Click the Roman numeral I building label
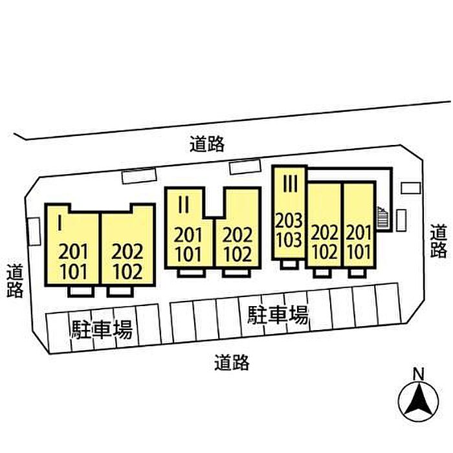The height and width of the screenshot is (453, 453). point(59,223)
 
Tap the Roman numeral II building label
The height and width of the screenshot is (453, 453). point(183,205)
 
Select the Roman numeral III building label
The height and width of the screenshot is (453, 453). point(289,184)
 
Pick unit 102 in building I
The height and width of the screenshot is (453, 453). point(127,271)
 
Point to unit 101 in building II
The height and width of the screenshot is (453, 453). point(188,254)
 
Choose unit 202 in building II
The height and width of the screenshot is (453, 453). point(237,235)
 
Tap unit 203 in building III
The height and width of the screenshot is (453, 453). point(289,221)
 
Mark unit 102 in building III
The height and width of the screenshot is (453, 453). point(324,250)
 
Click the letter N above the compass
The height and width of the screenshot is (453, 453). point(418,373)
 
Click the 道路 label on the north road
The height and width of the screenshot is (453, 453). point(207,144)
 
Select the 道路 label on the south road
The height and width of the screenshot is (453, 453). point(232,363)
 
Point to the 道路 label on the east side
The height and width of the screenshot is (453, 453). point(439,241)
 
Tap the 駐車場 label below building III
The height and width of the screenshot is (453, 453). point(278,315)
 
